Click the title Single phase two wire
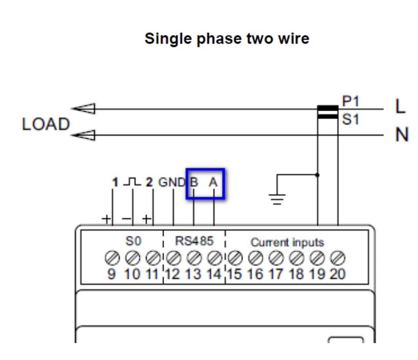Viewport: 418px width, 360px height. click(x=227, y=39)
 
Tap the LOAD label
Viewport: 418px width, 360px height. click(x=46, y=125)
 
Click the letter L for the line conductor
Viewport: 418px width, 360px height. click(x=400, y=107)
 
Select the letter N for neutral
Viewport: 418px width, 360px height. click(x=402, y=134)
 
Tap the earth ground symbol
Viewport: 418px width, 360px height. click(x=277, y=199)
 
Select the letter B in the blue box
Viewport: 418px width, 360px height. click(x=194, y=182)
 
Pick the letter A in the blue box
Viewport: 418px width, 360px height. click(x=213, y=182)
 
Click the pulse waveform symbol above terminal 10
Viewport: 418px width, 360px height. click(x=132, y=181)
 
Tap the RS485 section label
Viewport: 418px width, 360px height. click(x=194, y=241)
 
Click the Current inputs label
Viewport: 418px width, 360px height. click(x=287, y=242)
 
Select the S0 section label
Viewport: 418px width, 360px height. click(x=133, y=241)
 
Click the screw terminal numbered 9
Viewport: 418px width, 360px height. click(x=111, y=257)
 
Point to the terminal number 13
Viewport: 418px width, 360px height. click(x=193, y=273)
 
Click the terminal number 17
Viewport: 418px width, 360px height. click(x=276, y=273)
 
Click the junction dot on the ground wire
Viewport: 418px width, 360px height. click(x=318, y=175)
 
